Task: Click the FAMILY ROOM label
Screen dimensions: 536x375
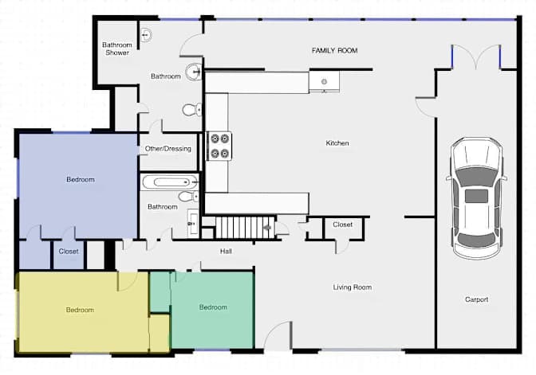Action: coord(335,50)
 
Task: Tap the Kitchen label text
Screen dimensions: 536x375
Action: coord(337,143)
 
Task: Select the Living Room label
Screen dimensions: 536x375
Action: coord(353,287)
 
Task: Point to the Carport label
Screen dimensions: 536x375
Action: coord(476,299)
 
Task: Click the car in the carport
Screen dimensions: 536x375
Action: coord(476,198)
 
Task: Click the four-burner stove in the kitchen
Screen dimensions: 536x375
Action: coord(219,146)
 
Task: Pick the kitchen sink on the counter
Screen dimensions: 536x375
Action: coord(324,81)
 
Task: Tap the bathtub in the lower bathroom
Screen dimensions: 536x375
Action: coord(170,182)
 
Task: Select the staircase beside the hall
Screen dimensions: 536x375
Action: coord(245,228)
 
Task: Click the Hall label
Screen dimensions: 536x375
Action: coord(226,252)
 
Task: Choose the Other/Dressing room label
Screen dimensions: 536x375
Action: coord(167,149)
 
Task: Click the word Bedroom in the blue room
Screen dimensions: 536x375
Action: coord(81,179)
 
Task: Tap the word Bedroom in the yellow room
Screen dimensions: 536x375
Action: coord(80,310)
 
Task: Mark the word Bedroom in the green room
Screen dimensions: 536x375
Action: coord(213,307)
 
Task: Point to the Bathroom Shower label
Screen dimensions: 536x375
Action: coord(117,49)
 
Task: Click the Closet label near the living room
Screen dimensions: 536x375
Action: coord(342,225)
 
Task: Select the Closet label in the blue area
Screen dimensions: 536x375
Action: coord(69,251)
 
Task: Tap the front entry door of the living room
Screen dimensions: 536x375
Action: coord(278,335)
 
